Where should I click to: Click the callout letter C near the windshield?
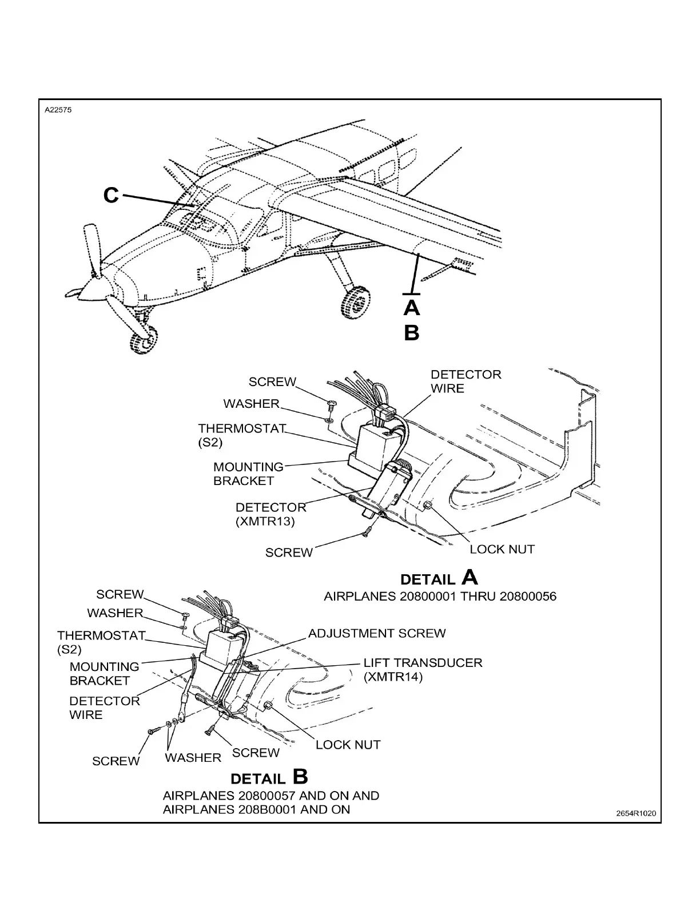111,196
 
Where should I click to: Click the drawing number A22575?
59,111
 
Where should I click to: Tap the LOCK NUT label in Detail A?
502,549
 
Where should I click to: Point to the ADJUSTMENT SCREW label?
377,633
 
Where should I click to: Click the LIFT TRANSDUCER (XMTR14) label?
423,669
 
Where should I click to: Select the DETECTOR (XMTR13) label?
271,514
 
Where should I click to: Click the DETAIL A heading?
439,577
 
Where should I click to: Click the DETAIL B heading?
269,777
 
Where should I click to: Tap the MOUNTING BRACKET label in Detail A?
248,474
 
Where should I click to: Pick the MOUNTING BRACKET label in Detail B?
104,674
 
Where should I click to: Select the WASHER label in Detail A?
251,404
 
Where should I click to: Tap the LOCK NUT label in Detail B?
348,745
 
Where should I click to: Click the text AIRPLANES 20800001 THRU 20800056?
440,597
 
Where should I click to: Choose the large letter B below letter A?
411,333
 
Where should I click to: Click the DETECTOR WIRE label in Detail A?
466,382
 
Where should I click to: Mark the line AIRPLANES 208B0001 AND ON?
256,809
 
